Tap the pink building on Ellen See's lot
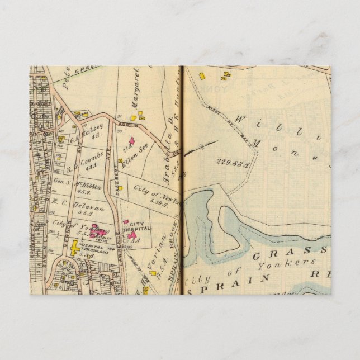[132, 141]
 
